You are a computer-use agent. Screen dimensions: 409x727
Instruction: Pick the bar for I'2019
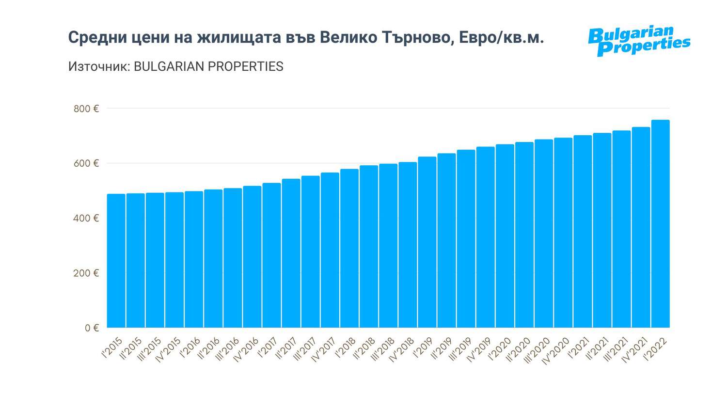coord(427,242)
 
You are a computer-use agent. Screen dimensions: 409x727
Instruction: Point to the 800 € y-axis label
coord(86,109)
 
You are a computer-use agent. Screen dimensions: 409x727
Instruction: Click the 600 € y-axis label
coord(86,163)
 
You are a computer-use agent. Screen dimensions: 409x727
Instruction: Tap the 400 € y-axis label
coord(86,218)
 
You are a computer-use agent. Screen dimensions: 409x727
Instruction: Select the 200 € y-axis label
coord(86,273)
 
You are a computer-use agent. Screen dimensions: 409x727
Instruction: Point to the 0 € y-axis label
coord(92,328)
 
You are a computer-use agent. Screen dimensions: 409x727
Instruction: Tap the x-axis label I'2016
coord(190,347)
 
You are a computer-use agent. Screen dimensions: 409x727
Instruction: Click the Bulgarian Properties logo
coord(639,41)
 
